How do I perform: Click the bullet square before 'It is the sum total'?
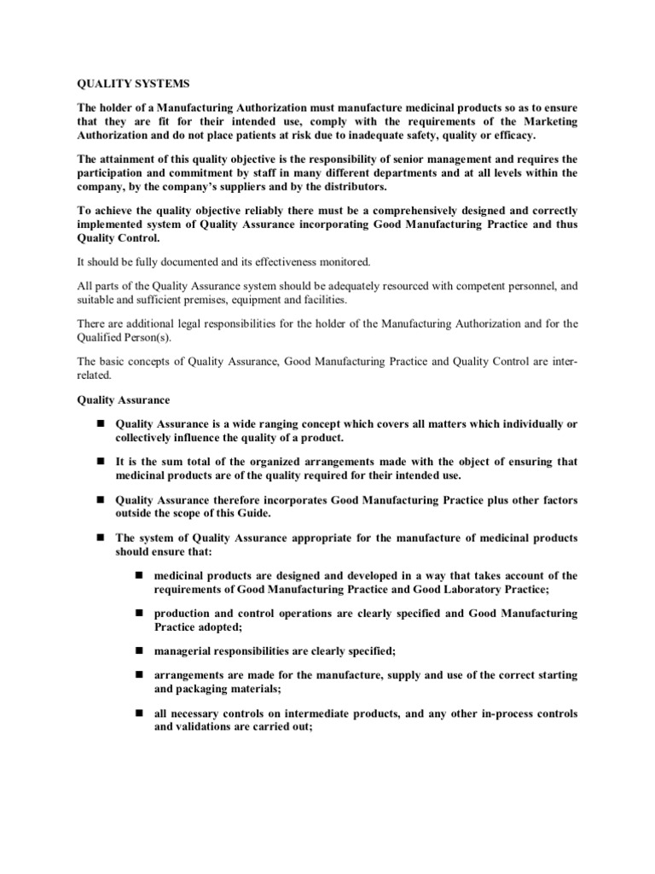point(99,462)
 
